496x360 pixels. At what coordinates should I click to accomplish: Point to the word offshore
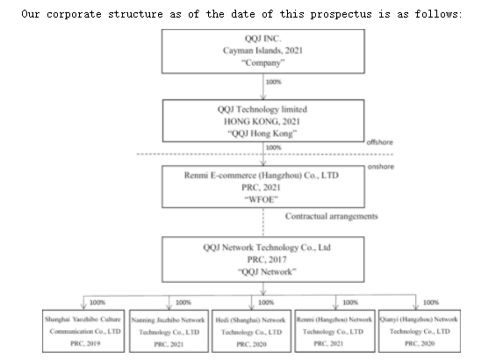click(x=379, y=142)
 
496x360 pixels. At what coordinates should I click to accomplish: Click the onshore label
click(x=381, y=167)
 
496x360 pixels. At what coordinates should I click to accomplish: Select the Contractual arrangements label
click(x=332, y=216)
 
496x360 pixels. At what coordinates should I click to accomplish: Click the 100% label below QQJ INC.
click(x=273, y=82)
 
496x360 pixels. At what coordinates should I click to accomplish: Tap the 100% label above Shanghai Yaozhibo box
click(x=97, y=302)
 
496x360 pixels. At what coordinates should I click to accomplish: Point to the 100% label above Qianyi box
click(x=431, y=302)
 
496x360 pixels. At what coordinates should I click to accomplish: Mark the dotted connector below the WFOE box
click(x=263, y=222)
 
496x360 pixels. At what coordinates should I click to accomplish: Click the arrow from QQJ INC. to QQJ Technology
click(x=263, y=87)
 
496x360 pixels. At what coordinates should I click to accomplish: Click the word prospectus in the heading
click(x=341, y=14)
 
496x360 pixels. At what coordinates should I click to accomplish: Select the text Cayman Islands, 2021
click(x=262, y=51)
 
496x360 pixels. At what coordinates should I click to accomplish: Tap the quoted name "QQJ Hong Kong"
click(x=262, y=133)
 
